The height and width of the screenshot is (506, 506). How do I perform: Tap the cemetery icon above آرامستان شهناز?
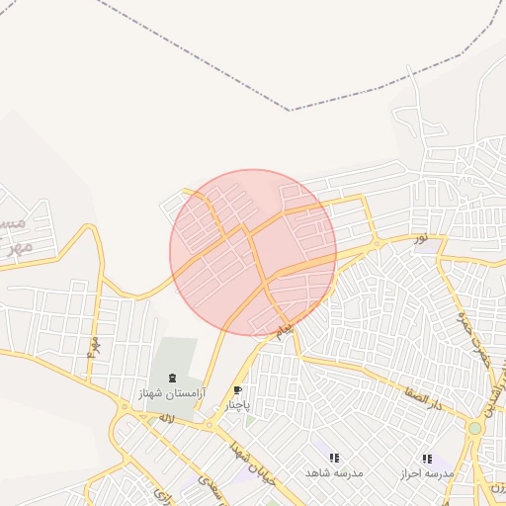[173, 379]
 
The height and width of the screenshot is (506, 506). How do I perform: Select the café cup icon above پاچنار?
[237, 390]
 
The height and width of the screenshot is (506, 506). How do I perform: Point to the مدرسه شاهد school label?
[334, 473]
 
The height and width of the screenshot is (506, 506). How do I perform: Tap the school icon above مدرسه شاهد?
[334, 459]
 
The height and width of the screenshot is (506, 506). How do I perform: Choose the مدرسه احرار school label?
[426, 473]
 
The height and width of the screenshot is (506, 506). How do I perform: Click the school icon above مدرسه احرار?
[426, 459]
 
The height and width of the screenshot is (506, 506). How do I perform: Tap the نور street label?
[421, 238]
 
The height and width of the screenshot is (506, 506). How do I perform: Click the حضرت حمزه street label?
[473, 335]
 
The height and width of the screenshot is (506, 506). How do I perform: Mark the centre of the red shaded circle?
[253, 253]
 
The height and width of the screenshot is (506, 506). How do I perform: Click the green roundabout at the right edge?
[475, 428]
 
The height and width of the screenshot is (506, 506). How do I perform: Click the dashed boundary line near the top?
[296, 108]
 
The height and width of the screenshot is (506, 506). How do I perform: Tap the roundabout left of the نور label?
[376, 244]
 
